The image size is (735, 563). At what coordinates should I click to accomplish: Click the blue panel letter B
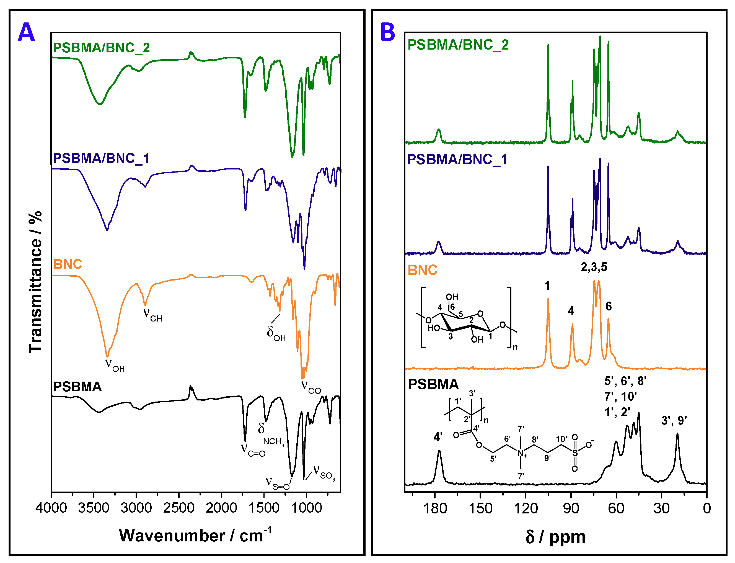click(388, 32)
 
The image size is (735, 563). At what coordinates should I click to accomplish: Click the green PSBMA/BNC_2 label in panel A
click(101, 48)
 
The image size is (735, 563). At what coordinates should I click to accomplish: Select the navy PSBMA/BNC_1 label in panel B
click(457, 159)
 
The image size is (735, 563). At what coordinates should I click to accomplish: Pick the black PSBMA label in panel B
click(433, 384)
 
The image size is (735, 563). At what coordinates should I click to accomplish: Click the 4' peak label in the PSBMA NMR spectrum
click(438, 437)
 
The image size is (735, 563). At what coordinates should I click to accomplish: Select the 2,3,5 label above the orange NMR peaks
click(594, 267)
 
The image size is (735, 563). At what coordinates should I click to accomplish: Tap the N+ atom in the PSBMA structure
click(521, 453)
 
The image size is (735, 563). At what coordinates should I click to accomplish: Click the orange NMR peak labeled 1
click(548, 302)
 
